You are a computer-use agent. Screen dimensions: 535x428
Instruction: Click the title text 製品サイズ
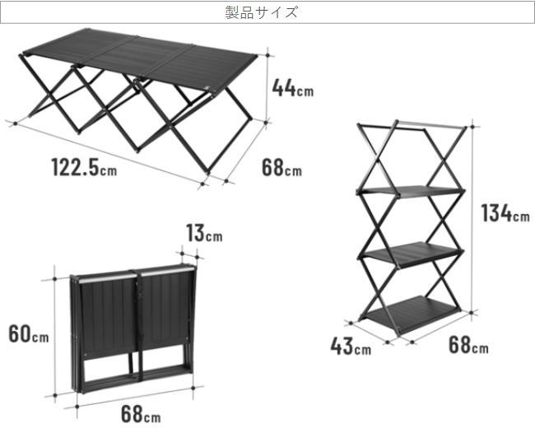coord(262,12)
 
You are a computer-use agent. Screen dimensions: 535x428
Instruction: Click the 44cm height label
coord(293,88)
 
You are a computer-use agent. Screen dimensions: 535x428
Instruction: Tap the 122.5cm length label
coord(84,167)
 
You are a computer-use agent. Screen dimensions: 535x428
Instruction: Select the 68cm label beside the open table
coord(281,168)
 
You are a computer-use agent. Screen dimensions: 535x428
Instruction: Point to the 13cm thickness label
coord(204,233)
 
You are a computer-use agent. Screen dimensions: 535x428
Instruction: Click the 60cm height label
coord(29,333)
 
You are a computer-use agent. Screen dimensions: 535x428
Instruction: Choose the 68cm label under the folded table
coord(141,414)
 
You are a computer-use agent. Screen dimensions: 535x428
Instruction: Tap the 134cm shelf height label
coord(505,213)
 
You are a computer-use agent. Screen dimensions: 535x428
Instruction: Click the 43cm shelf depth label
coord(351,346)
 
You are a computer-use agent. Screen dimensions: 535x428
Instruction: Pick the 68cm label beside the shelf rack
coord(468,345)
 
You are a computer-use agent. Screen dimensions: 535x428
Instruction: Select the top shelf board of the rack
coord(412,192)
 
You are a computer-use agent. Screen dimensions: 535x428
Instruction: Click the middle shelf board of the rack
coord(412,254)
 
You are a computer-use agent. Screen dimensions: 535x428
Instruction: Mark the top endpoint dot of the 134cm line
coord(472,127)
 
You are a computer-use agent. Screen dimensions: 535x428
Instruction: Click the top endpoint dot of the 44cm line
coord(267,55)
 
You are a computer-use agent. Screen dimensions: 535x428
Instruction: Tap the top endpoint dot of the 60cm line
coord(54,279)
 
